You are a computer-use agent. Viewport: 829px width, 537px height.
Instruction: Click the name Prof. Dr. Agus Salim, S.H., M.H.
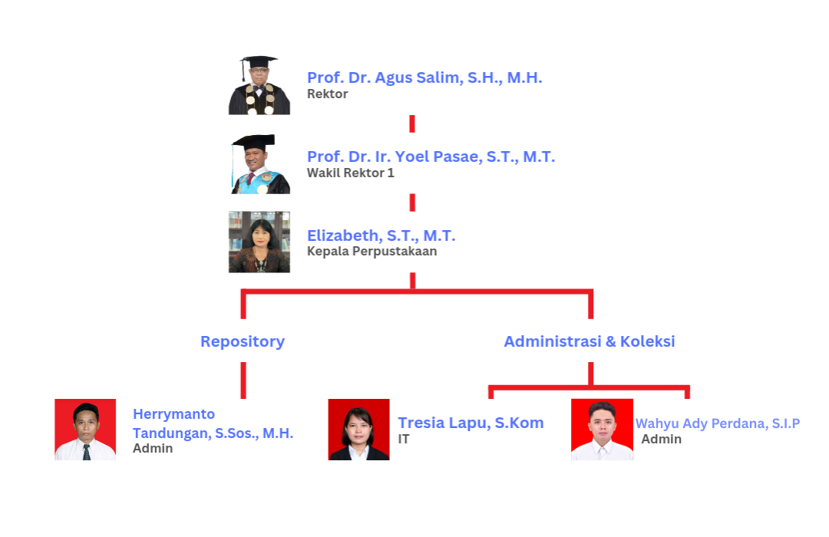(424, 77)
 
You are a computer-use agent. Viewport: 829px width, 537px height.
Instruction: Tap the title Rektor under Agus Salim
(328, 94)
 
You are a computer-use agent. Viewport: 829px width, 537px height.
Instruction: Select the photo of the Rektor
(259, 85)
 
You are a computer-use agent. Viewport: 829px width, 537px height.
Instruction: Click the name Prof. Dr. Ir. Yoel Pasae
(431, 156)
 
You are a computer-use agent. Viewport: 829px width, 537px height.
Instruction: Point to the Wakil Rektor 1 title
(350, 173)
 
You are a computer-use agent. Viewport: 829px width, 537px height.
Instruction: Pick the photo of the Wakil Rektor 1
(259, 163)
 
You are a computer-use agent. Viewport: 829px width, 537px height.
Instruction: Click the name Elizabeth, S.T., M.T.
(381, 236)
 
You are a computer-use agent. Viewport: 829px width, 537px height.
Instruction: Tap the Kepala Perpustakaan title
(372, 252)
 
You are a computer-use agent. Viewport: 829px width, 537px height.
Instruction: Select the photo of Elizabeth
(259, 242)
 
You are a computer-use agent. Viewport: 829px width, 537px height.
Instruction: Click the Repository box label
(243, 341)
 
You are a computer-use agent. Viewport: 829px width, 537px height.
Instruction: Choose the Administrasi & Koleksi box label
(590, 341)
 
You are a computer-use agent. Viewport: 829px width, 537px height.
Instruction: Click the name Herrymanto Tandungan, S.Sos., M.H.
(213, 424)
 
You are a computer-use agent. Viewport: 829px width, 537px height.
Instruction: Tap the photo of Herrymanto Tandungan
(85, 430)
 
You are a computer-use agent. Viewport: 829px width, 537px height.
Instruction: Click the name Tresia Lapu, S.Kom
(471, 423)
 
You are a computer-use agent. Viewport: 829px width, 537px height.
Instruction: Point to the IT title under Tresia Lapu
(404, 440)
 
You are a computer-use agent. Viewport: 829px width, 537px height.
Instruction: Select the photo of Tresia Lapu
(358, 430)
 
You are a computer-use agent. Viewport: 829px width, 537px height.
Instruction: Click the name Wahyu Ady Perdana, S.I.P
(717, 423)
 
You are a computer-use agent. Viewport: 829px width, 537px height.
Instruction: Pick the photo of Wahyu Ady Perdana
(602, 430)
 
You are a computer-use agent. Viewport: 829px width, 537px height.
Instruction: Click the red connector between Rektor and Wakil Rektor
(412, 124)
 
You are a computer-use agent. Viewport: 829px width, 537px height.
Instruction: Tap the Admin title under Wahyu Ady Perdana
(661, 440)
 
